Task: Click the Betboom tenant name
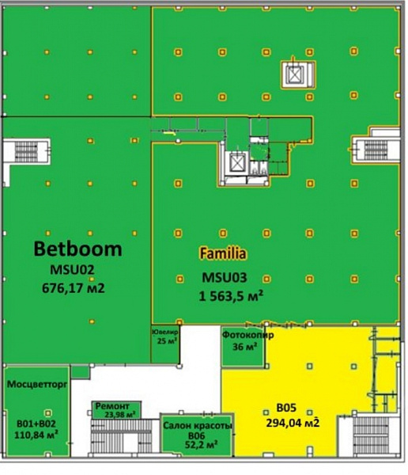(77, 249)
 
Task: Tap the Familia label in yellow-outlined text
(223, 253)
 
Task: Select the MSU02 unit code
(72, 270)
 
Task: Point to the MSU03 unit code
(225, 278)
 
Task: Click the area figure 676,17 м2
(74, 288)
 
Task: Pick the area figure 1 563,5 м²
(231, 296)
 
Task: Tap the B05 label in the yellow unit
(286, 408)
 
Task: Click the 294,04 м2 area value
(293, 423)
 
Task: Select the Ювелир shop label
(165, 332)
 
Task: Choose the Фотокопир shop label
(248, 335)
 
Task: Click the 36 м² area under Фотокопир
(245, 346)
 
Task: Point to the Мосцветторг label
(37, 384)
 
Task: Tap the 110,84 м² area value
(36, 435)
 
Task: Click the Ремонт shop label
(112, 406)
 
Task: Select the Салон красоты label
(198, 426)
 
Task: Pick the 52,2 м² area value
(202, 445)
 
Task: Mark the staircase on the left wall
(26, 151)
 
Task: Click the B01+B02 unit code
(36, 424)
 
